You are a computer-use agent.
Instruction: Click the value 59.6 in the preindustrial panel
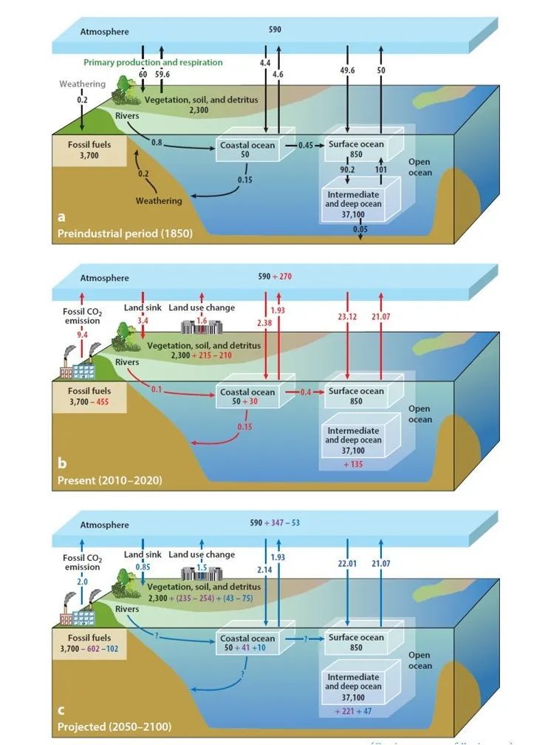pyautogui.click(x=162, y=75)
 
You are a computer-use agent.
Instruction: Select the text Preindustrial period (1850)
pyautogui.click(x=125, y=234)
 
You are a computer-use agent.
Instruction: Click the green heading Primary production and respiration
pyautogui.click(x=153, y=63)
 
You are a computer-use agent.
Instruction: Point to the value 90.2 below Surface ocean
pyautogui.click(x=346, y=171)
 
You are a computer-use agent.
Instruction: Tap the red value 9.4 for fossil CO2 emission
pyautogui.click(x=82, y=334)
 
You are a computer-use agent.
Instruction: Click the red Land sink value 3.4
pyautogui.click(x=143, y=322)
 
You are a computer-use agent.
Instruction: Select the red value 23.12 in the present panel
pyautogui.click(x=346, y=317)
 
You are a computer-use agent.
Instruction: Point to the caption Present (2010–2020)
pyautogui.click(x=110, y=480)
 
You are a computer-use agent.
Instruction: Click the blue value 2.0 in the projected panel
pyautogui.click(x=82, y=582)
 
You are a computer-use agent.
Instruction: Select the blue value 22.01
pyautogui.click(x=346, y=564)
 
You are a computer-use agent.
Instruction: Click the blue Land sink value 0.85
pyautogui.click(x=144, y=568)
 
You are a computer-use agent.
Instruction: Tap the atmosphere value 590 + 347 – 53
pyautogui.click(x=274, y=523)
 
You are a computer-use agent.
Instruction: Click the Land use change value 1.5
pyautogui.click(x=202, y=568)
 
